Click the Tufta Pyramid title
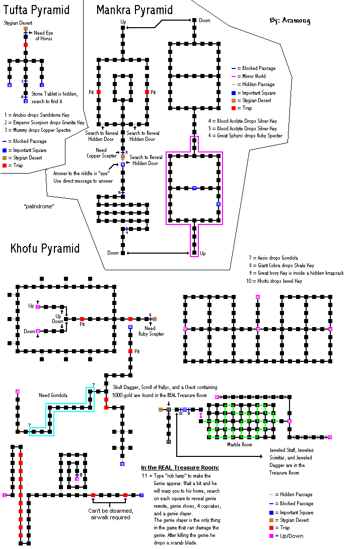[36, 10]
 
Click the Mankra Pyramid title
[134, 10]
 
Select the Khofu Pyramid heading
[45, 249]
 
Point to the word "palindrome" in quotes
[39, 207]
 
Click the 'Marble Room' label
[239, 444]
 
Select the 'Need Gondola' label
[53, 395]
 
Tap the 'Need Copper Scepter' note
[104, 153]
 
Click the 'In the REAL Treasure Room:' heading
[180, 467]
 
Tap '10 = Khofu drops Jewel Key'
[274, 281]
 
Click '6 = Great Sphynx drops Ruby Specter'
[245, 135]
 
